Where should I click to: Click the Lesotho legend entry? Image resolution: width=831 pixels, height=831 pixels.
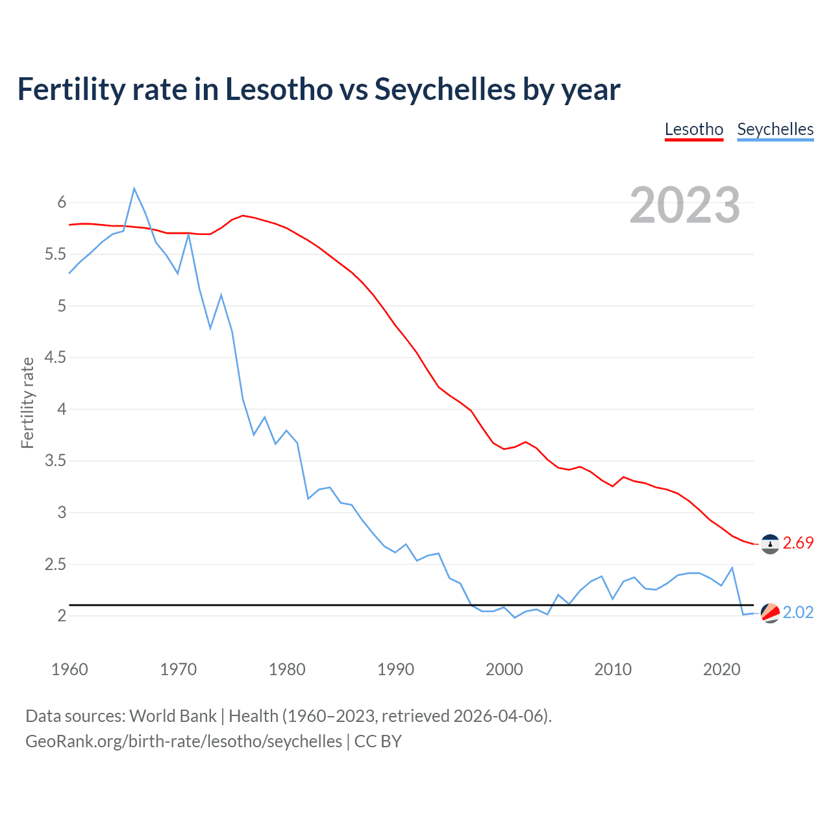(x=694, y=129)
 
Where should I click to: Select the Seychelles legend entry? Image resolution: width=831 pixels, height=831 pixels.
(x=775, y=129)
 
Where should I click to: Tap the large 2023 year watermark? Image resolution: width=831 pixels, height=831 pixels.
(x=685, y=205)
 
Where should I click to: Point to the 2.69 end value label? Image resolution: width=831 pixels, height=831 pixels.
(x=798, y=543)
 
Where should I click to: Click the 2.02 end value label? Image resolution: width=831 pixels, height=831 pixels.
(x=798, y=613)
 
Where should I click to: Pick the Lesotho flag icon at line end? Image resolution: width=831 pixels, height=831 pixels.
(x=770, y=544)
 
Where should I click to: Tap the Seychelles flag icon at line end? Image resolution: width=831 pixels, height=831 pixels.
(x=770, y=613)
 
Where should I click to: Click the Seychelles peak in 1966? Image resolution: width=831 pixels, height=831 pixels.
(x=134, y=189)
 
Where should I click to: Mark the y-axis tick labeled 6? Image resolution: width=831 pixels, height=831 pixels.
(x=62, y=203)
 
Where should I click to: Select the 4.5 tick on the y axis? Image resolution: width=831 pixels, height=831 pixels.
(x=56, y=358)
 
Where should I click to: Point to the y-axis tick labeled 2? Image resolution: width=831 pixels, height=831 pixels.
(x=62, y=616)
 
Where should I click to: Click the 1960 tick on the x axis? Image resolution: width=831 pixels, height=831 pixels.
(x=69, y=669)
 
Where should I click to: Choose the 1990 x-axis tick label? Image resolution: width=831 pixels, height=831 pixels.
(x=395, y=669)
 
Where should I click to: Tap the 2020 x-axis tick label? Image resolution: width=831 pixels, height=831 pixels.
(x=721, y=669)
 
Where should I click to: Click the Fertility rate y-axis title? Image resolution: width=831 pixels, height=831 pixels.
(x=27, y=403)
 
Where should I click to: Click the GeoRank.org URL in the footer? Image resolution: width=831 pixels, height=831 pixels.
(x=184, y=741)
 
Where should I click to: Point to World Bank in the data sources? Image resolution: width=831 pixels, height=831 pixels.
(x=173, y=716)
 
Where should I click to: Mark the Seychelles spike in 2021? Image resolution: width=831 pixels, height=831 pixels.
(x=732, y=568)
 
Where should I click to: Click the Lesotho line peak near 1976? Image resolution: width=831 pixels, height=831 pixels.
(x=243, y=216)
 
